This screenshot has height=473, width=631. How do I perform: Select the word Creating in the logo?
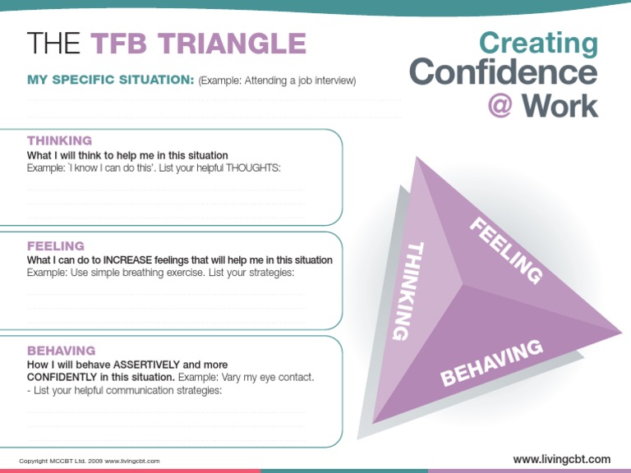[538, 44]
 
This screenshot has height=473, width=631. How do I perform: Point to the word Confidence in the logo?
[504, 74]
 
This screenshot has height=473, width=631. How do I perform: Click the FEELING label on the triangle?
[504, 250]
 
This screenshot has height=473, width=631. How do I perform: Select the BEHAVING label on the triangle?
[492, 362]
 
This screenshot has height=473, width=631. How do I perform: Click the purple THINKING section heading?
[59, 141]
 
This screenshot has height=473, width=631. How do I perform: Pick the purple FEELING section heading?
[56, 246]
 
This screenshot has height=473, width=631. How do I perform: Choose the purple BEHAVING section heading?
[61, 350]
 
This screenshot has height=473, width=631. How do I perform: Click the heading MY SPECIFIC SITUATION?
[110, 80]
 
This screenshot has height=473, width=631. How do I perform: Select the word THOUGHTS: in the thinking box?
[253, 168]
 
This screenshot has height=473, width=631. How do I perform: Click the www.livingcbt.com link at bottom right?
[561, 459]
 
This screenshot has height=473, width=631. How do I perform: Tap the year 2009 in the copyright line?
[94, 462]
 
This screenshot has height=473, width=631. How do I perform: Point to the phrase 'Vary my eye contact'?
[266, 377]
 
